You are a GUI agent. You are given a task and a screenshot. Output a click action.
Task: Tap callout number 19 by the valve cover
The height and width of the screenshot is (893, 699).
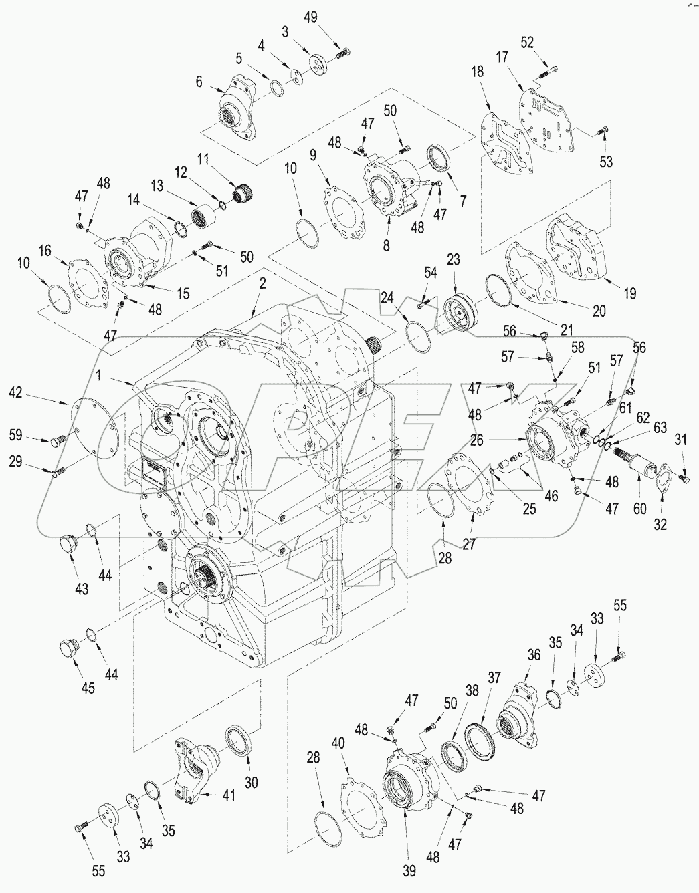(629, 293)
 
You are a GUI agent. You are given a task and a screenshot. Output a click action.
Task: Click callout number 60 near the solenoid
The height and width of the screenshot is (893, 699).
(639, 509)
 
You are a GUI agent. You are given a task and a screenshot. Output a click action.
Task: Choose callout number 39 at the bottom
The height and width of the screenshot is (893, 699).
(409, 870)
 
